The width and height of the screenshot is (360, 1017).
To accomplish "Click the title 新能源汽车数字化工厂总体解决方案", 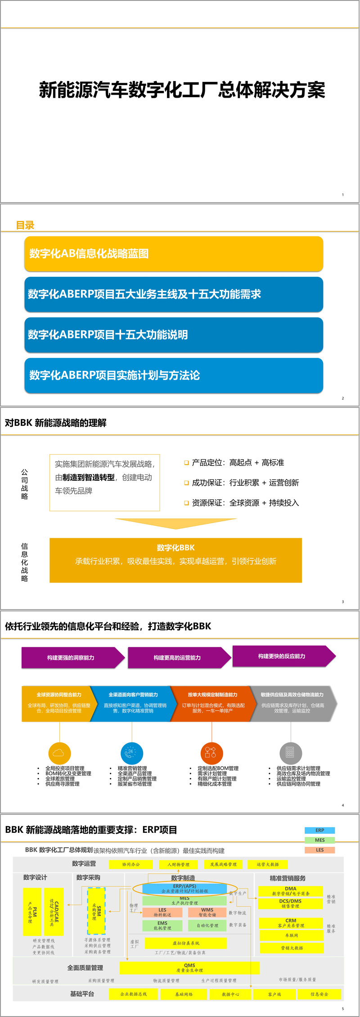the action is coord(182,90).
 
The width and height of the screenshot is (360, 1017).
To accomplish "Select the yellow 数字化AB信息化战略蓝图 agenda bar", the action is coord(174,253).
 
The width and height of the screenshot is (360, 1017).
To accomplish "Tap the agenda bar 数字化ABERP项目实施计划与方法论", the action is coord(174,375).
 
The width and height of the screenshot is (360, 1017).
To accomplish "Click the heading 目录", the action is coord(25,225).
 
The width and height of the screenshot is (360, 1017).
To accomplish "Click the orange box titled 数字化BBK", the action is coord(175,560).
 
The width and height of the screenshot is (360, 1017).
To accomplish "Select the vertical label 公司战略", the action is coord(24,484).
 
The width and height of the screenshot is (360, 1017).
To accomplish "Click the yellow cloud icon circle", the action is coord(59,753).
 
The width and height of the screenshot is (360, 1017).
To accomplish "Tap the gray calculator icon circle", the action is coord(290,753).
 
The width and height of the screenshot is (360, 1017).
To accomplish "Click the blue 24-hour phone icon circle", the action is coord(131,753).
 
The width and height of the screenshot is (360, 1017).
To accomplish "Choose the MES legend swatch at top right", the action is coord(319,840).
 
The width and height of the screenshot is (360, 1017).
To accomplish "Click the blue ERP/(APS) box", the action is coord(184,888).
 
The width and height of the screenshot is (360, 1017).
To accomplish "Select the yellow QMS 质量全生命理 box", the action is coord(189,967).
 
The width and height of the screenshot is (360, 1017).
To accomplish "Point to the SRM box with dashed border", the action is coord(96,911).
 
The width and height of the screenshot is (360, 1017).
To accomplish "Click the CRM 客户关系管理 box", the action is coord(291,923).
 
